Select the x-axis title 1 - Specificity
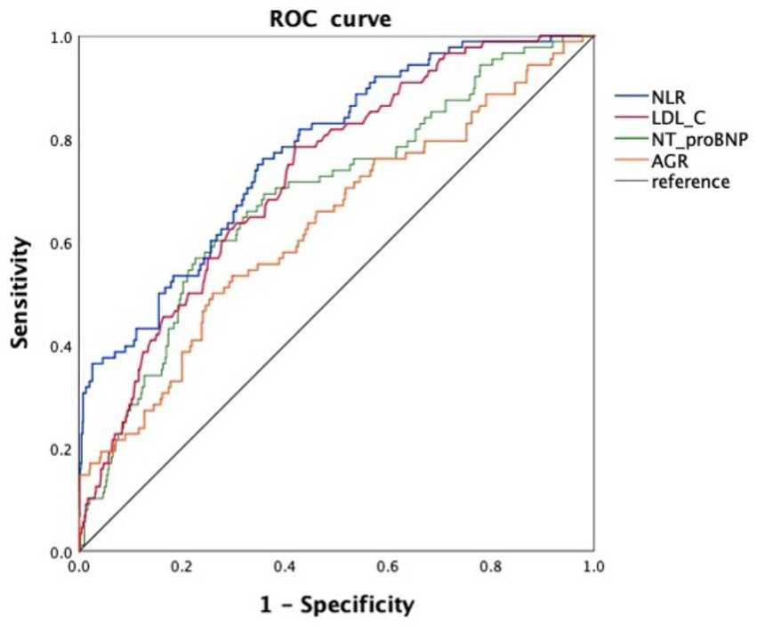[x=335, y=606]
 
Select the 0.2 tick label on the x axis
[x=181, y=566]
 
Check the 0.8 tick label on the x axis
[x=490, y=566]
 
